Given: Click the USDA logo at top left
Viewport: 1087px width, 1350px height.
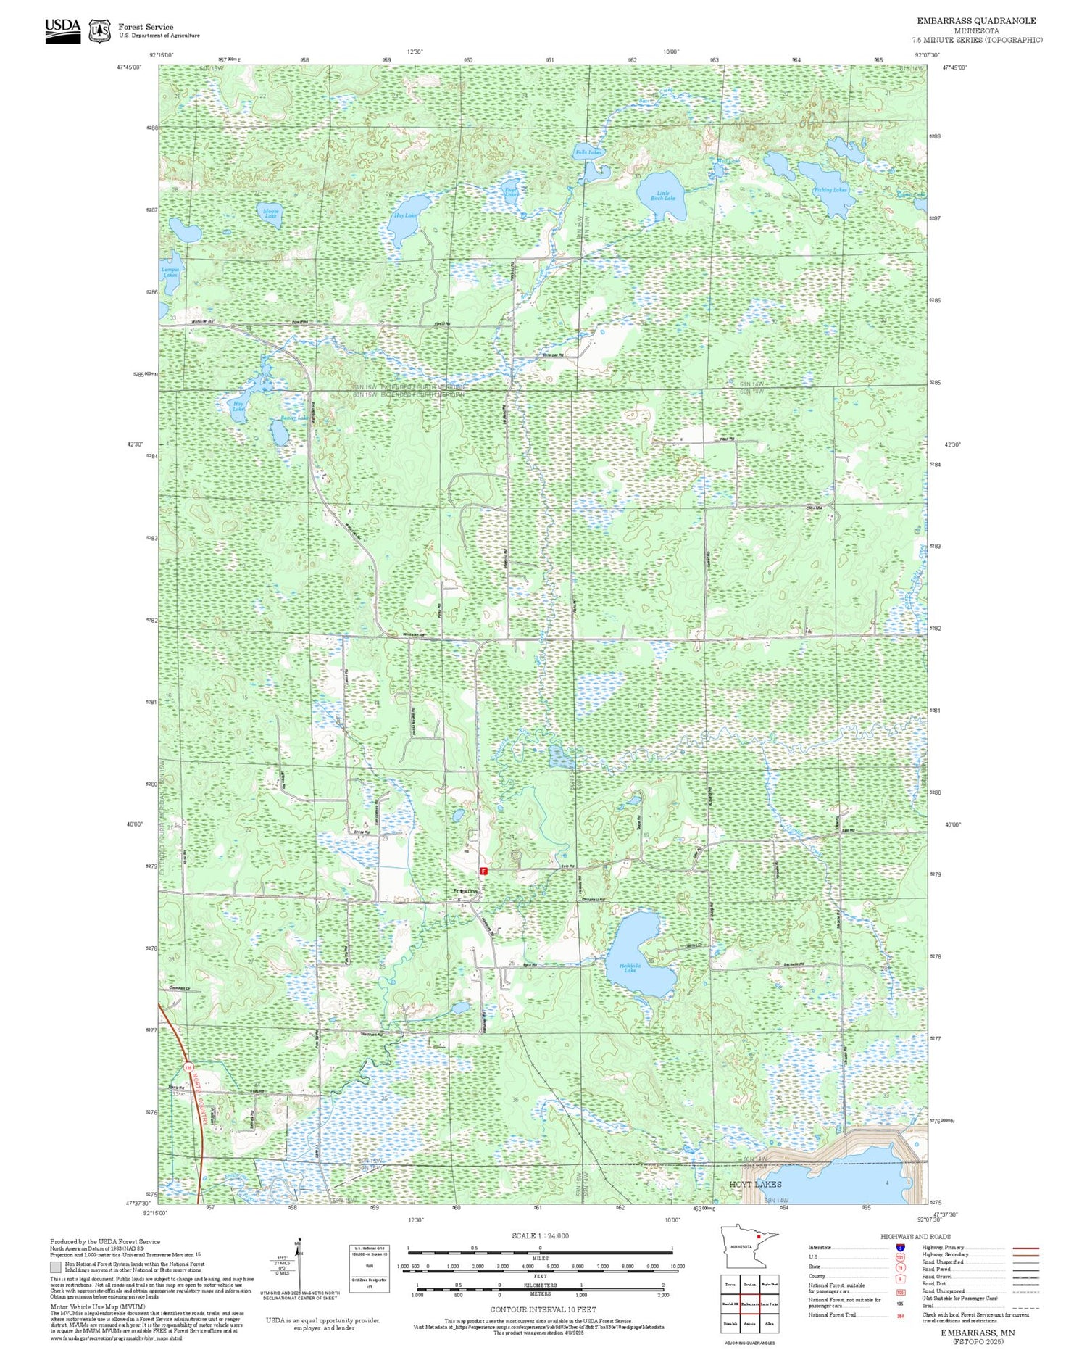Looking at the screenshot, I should coord(62,30).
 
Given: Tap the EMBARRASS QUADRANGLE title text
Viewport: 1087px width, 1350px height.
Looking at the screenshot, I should coord(976,21).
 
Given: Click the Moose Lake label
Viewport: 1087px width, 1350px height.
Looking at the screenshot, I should coord(270,213).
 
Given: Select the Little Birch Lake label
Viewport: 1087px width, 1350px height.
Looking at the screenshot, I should coord(662,196).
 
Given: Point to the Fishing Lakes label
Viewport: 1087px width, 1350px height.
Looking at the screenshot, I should coord(830,190).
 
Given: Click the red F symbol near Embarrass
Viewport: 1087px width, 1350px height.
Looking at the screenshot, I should coord(483,869).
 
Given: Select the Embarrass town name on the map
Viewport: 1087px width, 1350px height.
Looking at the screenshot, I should coord(465,890).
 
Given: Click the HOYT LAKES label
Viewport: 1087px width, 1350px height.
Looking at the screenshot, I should coord(755,1184).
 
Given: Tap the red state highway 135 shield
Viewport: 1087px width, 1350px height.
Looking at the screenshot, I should coord(188,1069).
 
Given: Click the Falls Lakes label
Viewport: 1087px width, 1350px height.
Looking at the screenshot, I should coord(588,153).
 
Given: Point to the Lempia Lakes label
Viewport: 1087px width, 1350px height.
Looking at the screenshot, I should coord(170,273).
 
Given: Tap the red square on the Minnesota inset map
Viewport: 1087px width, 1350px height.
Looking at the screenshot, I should coord(758,1237).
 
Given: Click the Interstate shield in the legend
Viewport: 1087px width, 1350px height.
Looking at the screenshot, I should coord(900,1247).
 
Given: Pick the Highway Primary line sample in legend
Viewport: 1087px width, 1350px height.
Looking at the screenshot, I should coord(1023,1248).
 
